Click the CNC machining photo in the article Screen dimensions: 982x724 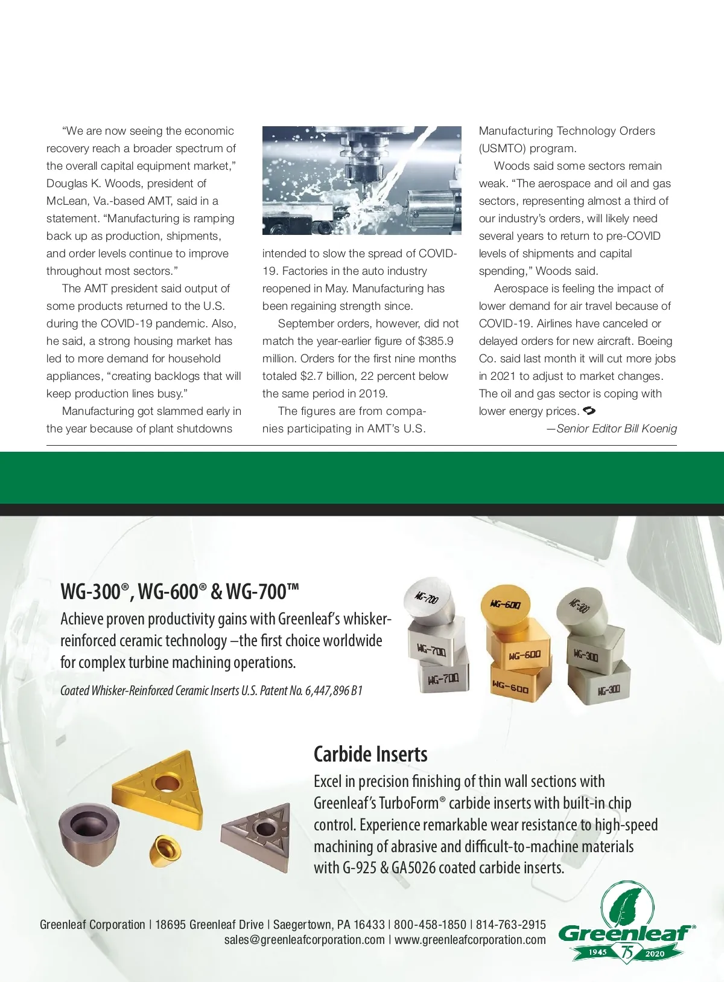pos(361,180)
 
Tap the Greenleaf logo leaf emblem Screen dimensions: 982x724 pos(626,905)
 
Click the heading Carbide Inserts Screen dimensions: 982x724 pos(370,754)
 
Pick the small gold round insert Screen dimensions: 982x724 pos(165,852)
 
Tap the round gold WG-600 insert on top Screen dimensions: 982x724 pos(504,604)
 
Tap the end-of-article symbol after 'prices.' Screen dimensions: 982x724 pos(589,411)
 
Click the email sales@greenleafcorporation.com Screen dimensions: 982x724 pos(304,940)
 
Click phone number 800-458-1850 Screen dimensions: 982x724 pos(430,925)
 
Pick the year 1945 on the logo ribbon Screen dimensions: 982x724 pos(597,952)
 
